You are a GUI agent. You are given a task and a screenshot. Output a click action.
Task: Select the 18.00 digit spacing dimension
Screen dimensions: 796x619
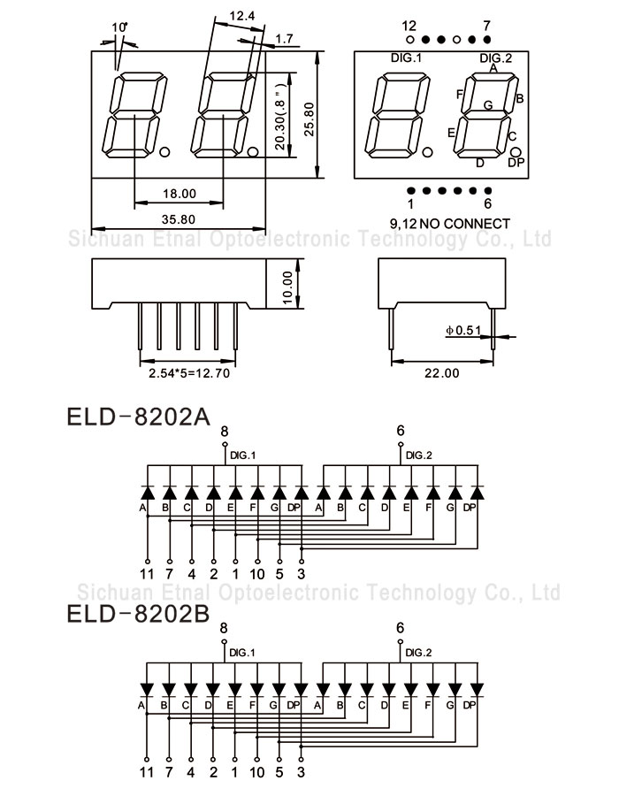(179, 194)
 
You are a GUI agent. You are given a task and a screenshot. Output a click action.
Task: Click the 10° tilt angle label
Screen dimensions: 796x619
(120, 27)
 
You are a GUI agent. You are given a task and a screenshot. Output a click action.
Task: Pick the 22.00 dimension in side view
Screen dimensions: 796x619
(442, 373)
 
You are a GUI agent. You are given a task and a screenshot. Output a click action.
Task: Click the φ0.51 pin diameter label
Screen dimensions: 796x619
(462, 331)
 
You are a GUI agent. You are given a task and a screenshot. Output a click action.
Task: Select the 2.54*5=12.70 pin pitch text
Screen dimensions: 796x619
(188, 373)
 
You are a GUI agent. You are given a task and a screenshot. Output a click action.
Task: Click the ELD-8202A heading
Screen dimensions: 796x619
(138, 416)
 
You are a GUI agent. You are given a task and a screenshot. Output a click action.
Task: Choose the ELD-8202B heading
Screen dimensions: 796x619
(138, 613)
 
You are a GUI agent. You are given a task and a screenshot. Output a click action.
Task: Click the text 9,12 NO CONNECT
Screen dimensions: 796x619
(449, 223)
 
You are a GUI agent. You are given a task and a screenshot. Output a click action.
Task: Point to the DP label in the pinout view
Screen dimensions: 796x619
(516, 163)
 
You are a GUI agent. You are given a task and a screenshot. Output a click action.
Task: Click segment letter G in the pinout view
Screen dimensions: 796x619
(487, 105)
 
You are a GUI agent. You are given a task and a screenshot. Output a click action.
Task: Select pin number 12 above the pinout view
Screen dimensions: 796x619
(409, 25)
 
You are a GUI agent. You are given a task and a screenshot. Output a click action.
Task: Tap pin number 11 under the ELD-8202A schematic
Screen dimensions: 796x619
(147, 574)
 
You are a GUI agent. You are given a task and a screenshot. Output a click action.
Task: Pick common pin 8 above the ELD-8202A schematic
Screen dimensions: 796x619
(224, 431)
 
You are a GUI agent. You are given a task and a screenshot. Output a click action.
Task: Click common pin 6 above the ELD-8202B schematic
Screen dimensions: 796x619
(401, 628)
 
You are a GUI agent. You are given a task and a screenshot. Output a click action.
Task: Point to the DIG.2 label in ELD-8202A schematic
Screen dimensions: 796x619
(419, 455)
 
